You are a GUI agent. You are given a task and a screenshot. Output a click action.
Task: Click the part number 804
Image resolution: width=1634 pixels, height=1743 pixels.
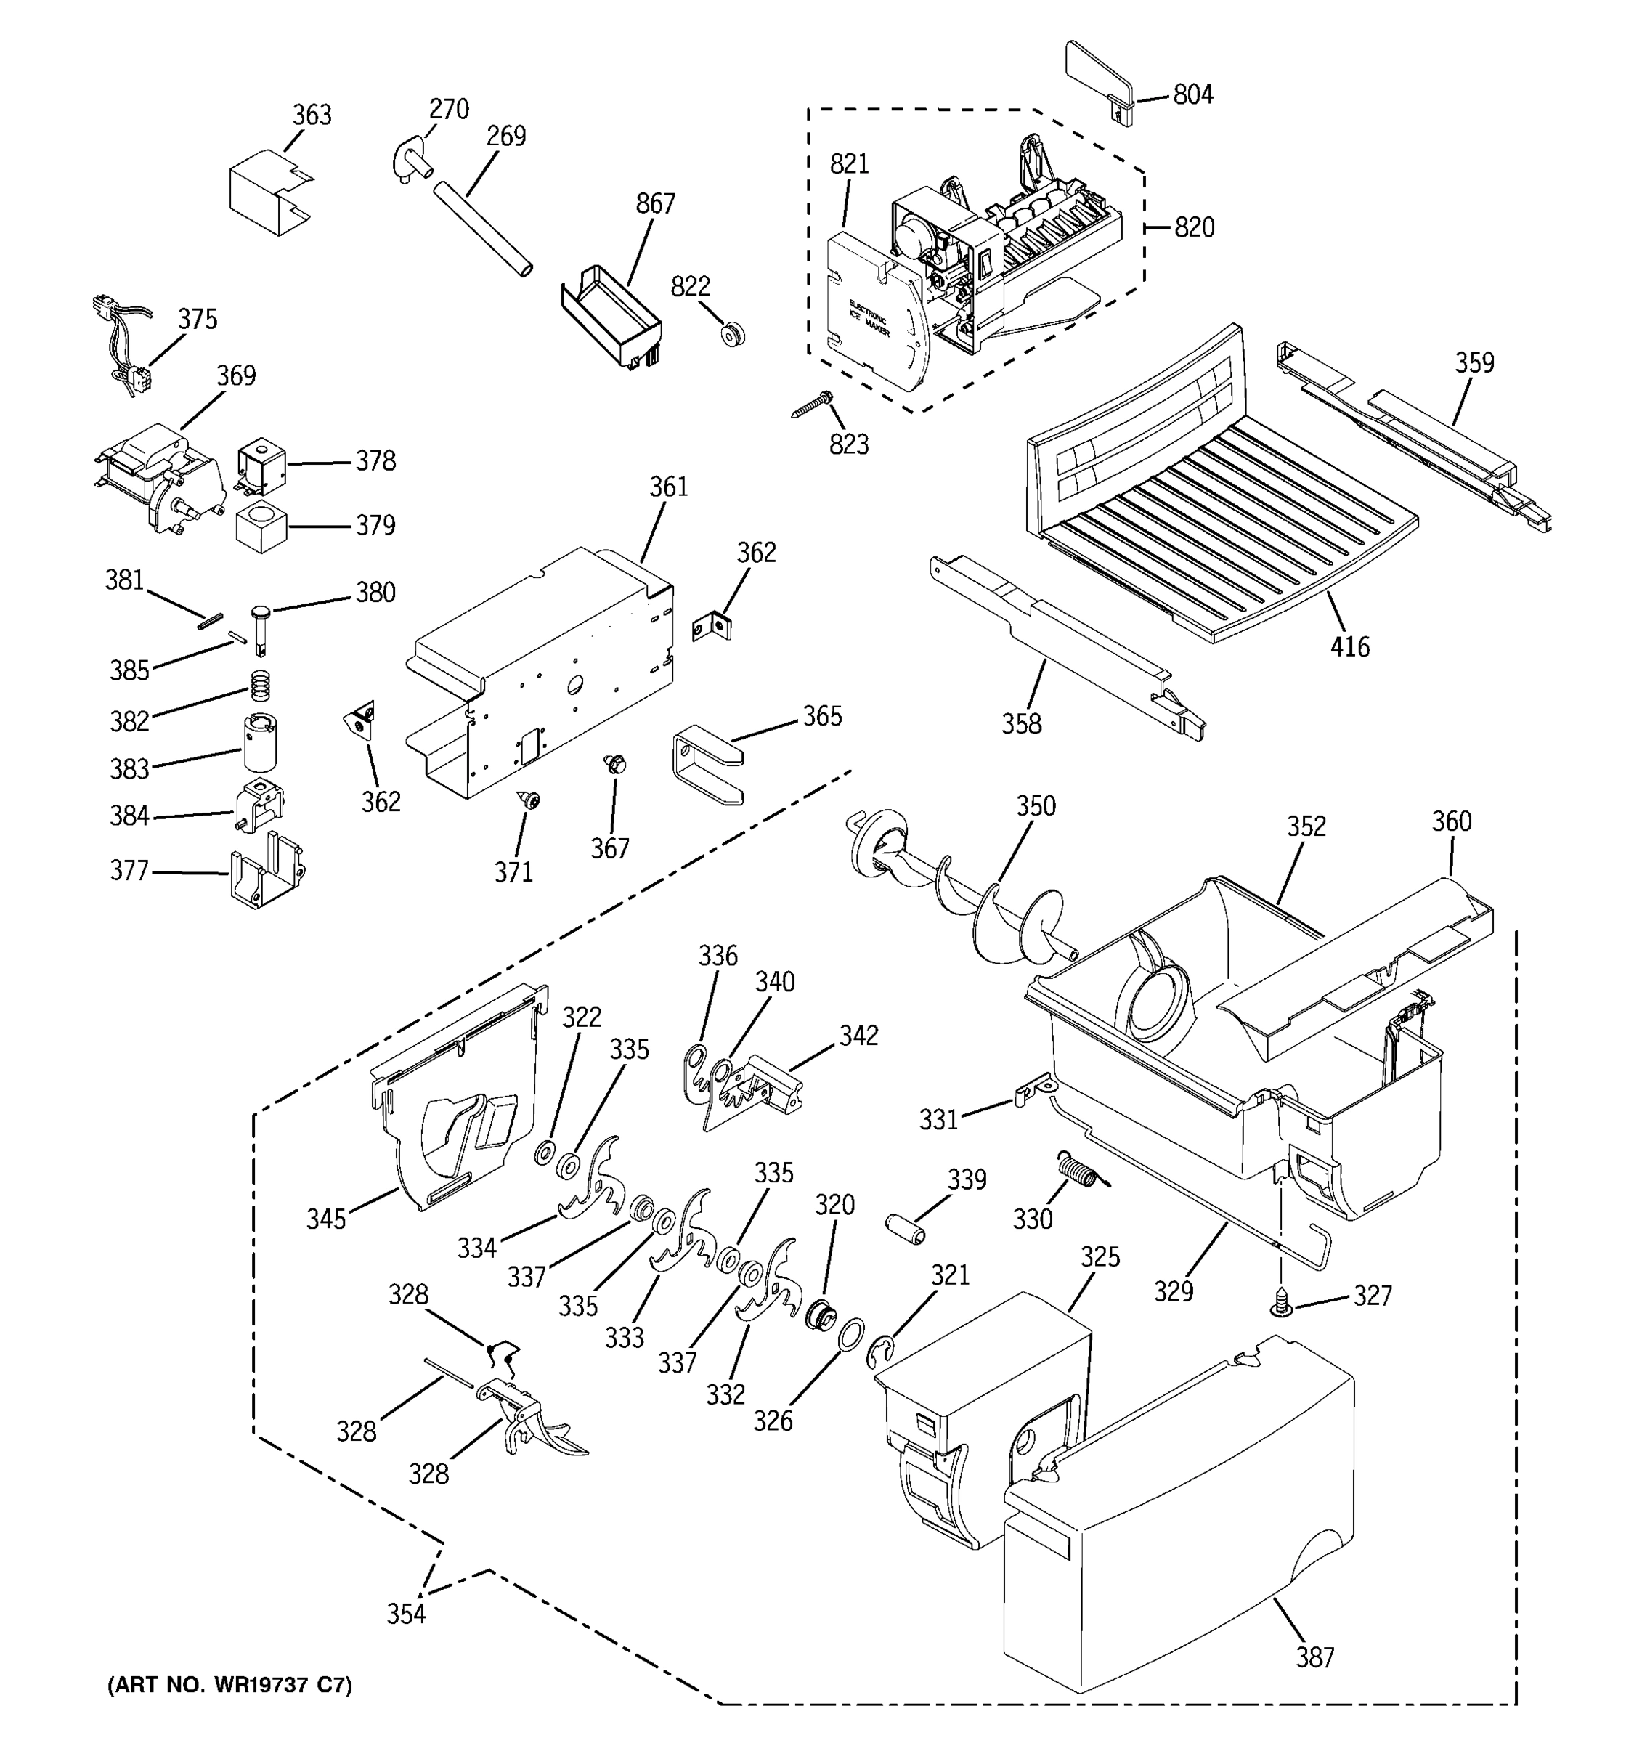tap(1192, 94)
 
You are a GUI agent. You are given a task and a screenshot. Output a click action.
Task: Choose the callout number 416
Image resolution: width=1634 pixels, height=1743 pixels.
tap(1349, 647)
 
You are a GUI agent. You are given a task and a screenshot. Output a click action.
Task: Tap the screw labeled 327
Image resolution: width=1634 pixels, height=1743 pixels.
tap(1282, 1303)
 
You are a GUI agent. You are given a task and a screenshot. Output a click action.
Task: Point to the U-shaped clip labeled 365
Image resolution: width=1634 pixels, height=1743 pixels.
tap(707, 763)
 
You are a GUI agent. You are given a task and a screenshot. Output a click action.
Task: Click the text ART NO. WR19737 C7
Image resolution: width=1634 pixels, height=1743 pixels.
tap(229, 1685)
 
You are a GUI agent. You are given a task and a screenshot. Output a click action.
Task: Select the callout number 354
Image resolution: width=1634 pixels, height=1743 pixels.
tap(406, 1612)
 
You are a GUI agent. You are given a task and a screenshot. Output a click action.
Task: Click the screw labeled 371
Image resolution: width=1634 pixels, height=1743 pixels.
tap(529, 799)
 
